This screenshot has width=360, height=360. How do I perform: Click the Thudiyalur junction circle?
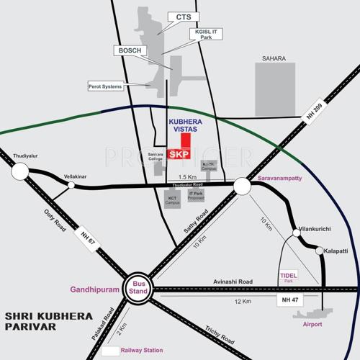pos(19,171)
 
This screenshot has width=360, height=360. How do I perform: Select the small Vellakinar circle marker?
pos(71,185)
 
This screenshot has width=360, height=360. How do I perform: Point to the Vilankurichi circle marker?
pos(296,233)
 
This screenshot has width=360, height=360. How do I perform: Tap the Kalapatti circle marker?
pos(320,251)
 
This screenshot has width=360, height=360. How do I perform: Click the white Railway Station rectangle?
pos(111,351)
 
